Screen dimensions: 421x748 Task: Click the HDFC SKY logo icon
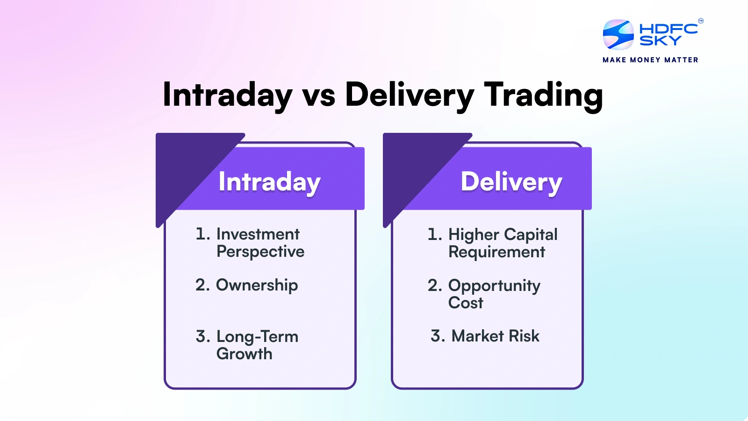(x=618, y=35)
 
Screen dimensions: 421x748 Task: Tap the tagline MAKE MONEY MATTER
(x=650, y=60)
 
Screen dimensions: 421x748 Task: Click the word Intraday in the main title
(x=227, y=95)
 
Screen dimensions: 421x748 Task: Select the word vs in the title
(x=319, y=95)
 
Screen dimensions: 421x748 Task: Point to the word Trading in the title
(x=543, y=95)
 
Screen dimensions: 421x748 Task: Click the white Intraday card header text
(x=269, y=182)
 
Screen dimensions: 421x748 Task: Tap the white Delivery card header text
(x=511, y=182)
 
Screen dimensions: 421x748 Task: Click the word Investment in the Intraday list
(x=258, y=234)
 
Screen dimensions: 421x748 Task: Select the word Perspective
(x=260, y=252)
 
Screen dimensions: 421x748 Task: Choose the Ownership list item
(x=257, y=285)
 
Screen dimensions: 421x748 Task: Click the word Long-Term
(x=257, y=336)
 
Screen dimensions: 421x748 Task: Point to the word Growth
(x=244, y=354)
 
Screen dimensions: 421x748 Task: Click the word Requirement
(x=496, y=252)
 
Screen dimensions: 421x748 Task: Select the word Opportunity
(x=494, y=286)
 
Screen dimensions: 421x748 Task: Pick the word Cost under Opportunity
(x=466, y=303)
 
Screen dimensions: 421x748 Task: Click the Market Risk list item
(x=495, y=336)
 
